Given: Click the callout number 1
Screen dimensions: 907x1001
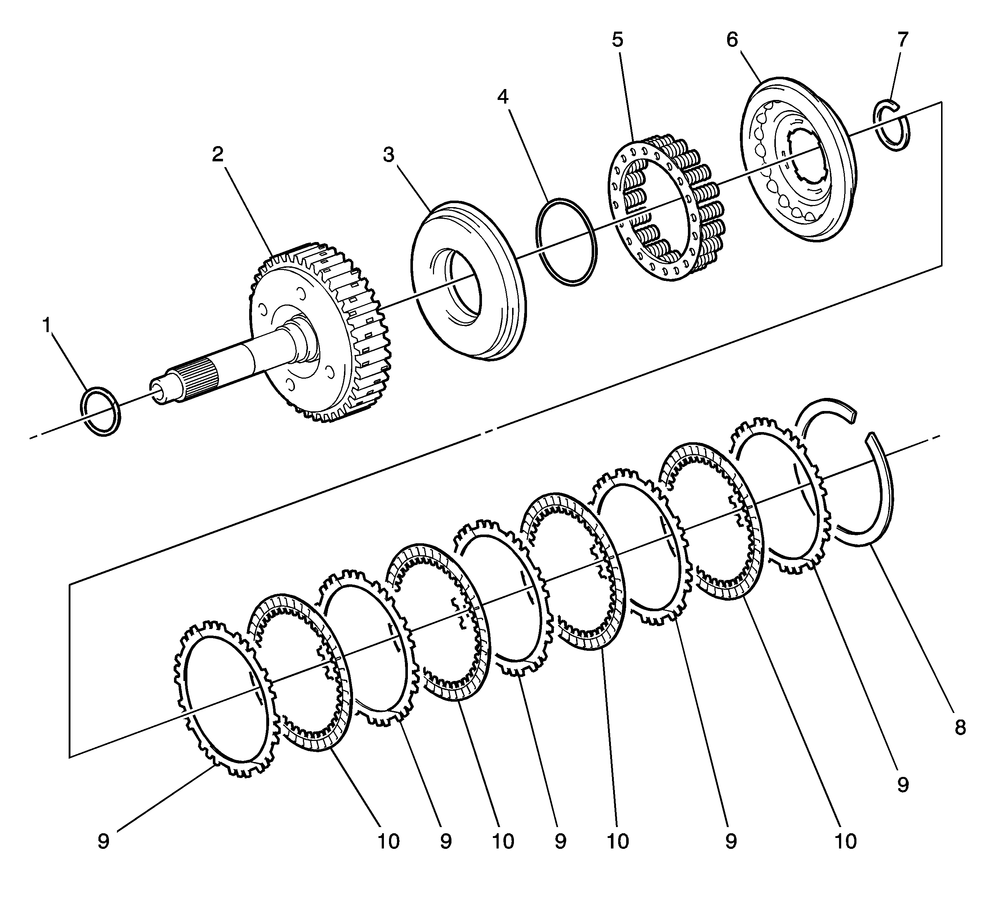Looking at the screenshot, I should pos(47,326).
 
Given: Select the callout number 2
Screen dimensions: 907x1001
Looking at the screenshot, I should pos(218,155).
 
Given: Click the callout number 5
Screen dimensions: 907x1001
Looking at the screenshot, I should pos(617,40).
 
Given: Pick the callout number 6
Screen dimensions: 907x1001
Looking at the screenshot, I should pos(732,40).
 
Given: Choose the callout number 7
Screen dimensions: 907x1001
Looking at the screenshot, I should pos(903,40).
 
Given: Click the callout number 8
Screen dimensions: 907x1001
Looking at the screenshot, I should pos(960,728).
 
